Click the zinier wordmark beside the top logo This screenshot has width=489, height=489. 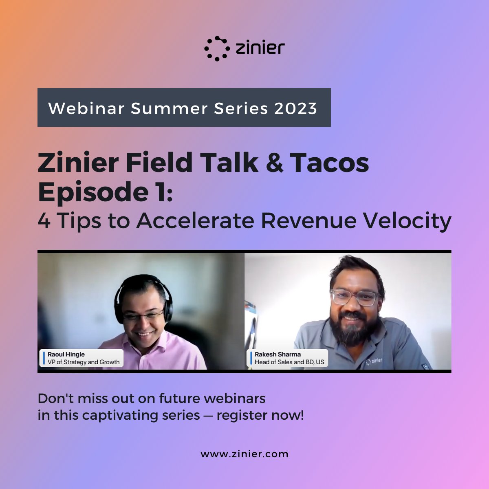pos(260,48)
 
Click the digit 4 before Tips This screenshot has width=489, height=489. pos(44,221)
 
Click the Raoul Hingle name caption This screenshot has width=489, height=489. pos(66,355)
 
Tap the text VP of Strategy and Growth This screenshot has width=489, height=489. pos(84,362)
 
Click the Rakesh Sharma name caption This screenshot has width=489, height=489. pos(278,355)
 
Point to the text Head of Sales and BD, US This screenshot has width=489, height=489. pos(289,362)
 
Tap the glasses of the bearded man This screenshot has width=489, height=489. pos(354,297)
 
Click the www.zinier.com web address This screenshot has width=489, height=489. pos(244,454)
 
